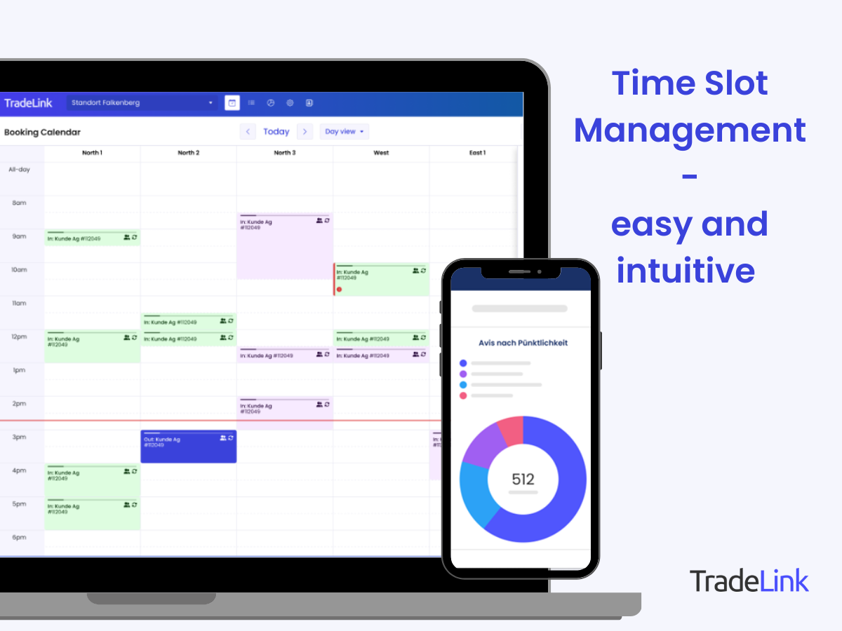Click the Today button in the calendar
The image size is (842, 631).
[276, 132]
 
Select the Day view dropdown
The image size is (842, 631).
[344, 132]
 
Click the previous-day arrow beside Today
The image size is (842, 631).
[248, 132]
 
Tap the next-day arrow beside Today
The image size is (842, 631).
[305, 132]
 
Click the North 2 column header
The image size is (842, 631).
[188, 153]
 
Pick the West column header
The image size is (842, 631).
[381, 153]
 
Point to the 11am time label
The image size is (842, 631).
[19, 304]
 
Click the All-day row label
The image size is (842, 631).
[19, 170]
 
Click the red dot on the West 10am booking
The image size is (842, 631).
[339, 289]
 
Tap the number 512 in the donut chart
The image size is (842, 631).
[523, 480]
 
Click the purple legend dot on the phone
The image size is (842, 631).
[462, 374]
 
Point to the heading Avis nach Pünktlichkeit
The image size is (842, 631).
[523, 343]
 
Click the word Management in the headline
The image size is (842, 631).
[690, 130]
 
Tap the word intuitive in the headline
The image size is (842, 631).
[686, 271]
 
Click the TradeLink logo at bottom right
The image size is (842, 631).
[749, 581]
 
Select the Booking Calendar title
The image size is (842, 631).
[42, 132]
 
